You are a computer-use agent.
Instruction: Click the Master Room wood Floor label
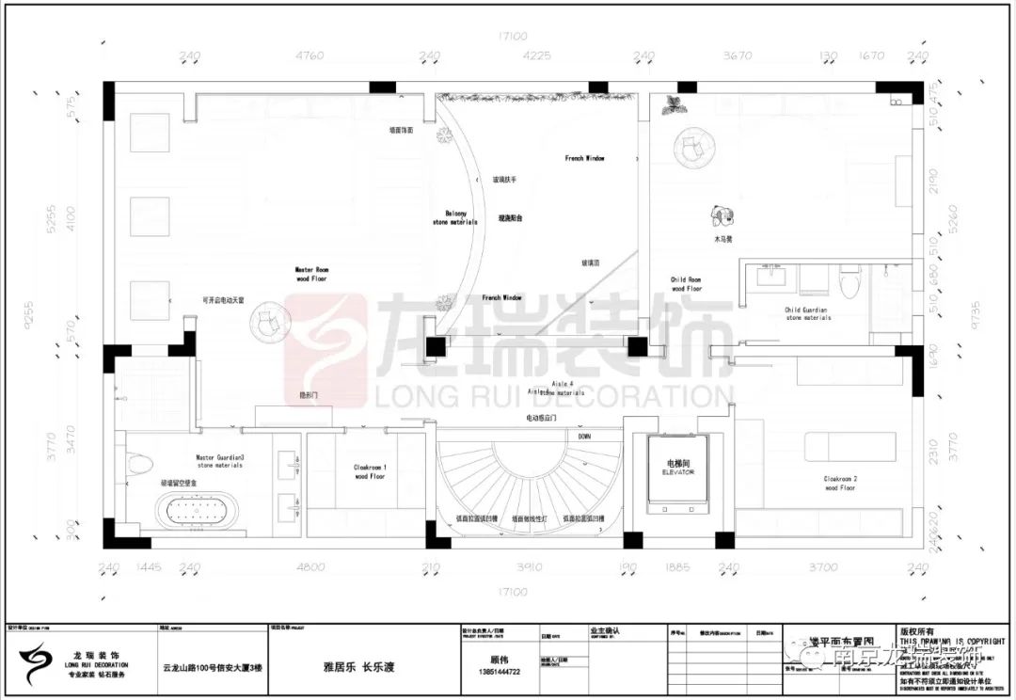(x=311, y=274)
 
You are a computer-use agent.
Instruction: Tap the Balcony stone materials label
(x=454, y=218)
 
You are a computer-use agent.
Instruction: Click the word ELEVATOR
(x=677, y=473)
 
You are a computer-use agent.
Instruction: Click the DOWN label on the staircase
(x=584, y=437)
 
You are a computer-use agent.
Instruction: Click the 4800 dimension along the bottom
(x=310, y=567)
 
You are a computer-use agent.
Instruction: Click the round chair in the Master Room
(x=267, y=320)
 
